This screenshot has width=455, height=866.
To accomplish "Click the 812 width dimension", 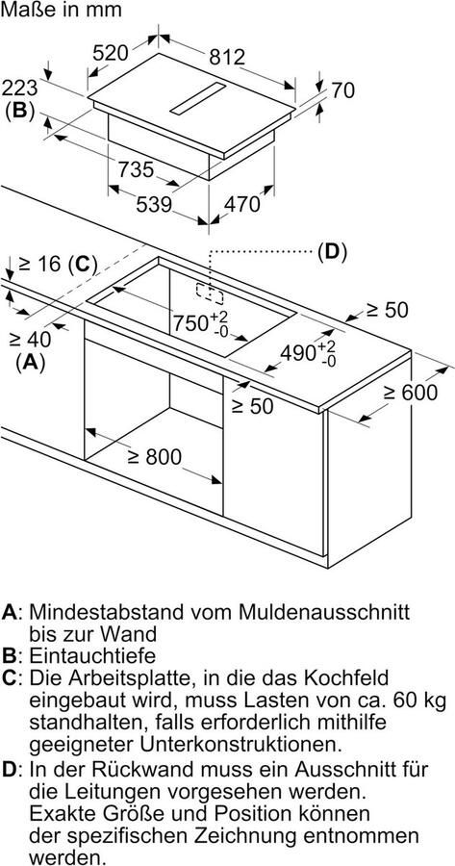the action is click(226, 56).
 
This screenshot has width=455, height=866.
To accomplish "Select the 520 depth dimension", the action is click(110, 53).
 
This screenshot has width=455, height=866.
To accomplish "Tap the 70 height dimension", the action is click(342, 90).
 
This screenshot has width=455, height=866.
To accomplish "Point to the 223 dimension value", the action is click(19, 88).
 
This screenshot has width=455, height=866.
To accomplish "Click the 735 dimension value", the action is click(136, 169).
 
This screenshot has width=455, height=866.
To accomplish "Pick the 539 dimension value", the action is click(154, 204).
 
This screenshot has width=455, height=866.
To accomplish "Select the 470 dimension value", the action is click(241, 204).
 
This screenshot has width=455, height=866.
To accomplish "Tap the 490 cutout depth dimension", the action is click(308, 353).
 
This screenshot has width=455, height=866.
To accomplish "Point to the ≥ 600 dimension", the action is click(411, 393).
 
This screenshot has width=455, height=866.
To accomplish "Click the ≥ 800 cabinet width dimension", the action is click(154, 457).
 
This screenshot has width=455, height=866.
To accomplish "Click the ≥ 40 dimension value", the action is click(30, 339).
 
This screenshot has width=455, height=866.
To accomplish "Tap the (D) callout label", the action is click(331, 252).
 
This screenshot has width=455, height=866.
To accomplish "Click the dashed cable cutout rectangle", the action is click(210, 293).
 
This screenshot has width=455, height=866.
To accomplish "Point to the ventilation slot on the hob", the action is click(197, 99).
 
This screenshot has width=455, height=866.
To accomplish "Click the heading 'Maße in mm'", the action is click(61, 10).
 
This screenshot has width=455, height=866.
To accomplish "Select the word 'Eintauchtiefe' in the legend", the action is click(92, 655).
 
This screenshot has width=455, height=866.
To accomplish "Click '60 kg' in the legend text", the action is click(415, 700).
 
